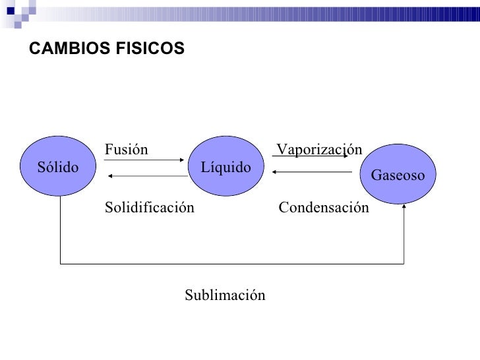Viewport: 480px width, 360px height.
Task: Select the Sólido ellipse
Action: [60, 167]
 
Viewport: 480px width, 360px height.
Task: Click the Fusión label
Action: [127, 150]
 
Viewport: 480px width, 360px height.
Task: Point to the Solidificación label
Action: [150, 208]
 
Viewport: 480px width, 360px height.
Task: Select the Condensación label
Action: [324, 208]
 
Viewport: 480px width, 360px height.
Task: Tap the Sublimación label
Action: [225, 295]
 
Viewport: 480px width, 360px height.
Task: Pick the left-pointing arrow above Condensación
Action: [311, 173]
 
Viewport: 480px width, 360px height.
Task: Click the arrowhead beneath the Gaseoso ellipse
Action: [404, 207]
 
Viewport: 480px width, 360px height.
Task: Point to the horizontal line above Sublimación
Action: [231, 264]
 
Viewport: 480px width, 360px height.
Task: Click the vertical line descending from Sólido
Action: [61, 231]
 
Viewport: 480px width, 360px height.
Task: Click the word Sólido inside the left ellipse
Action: [57, 167]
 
